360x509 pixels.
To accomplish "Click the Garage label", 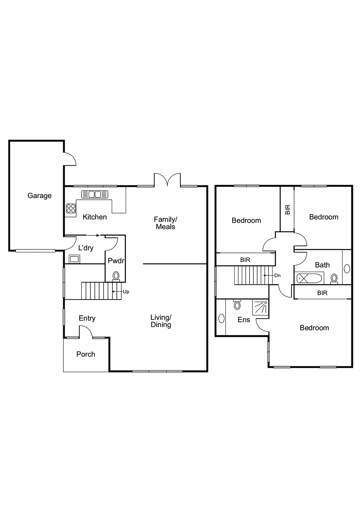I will [x=39, y=196].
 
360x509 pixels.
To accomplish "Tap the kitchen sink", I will [x=95, y=194].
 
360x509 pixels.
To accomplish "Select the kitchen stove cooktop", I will [x=71, y=208].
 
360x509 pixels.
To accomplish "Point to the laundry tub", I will [x=74, y=259].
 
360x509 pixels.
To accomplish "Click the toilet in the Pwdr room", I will [x=116, y=276].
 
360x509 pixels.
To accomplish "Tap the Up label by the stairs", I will [x=126, y=292].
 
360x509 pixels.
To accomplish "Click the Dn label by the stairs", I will [x=278, y=275].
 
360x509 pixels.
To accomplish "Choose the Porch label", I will [x=86, y=354].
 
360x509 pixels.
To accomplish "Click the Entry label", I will [x=87, y=318].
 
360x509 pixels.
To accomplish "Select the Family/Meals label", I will [x=165, y=223].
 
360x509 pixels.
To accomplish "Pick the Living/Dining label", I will [x=161, y=321].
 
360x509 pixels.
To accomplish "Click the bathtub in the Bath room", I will [x=309, y=278].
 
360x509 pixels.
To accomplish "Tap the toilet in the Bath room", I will [x=334, y=278].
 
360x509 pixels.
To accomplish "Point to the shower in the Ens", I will [x=261, y=307].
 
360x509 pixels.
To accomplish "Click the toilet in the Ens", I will [x=237, y=305].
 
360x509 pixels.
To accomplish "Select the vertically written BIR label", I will [x=288, y=209].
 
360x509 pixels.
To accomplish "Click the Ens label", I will [x=244, y=320].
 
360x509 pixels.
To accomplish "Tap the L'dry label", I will [x=86, y=248].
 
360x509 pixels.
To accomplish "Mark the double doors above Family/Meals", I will [x=167, y=180].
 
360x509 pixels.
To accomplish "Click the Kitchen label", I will [x=95, y=217].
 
